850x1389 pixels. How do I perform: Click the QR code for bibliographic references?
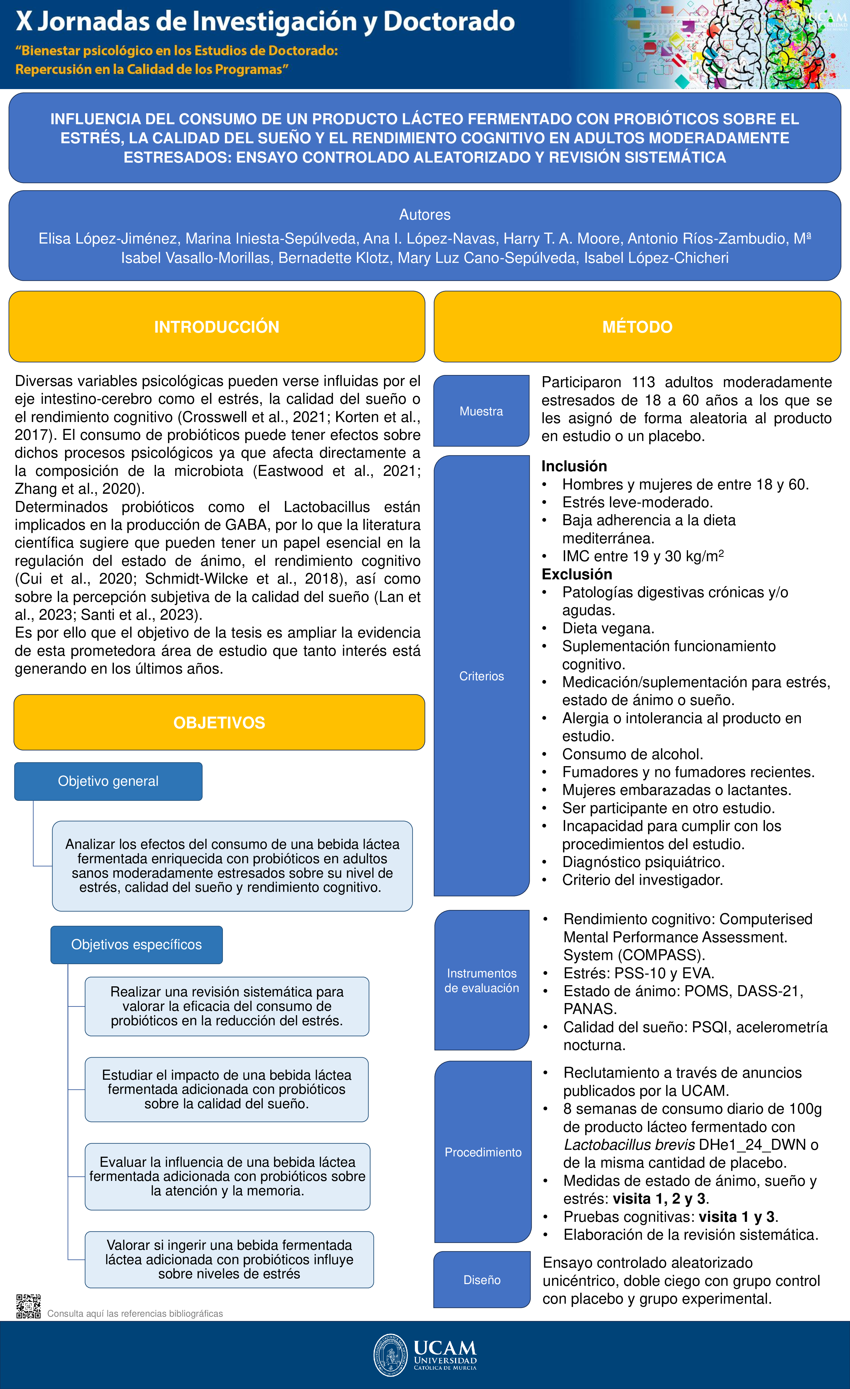click(28, 1306)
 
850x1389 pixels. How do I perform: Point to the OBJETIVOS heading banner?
click(219, 723)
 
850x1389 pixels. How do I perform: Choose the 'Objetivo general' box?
click(108, 781)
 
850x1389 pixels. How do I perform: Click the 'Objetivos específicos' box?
click(136, 945)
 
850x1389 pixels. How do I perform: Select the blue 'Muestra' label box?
click(481, 411)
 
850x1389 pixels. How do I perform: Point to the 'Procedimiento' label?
click(483, 1152)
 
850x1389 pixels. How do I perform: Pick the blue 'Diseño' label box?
click(482, 1280)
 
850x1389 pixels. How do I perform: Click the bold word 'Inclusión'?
click(574, 466)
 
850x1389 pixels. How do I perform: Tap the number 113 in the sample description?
click(643, 382)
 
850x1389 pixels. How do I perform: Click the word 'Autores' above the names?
click(425, 215)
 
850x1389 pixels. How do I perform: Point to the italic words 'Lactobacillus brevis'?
click(629, 1145)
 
